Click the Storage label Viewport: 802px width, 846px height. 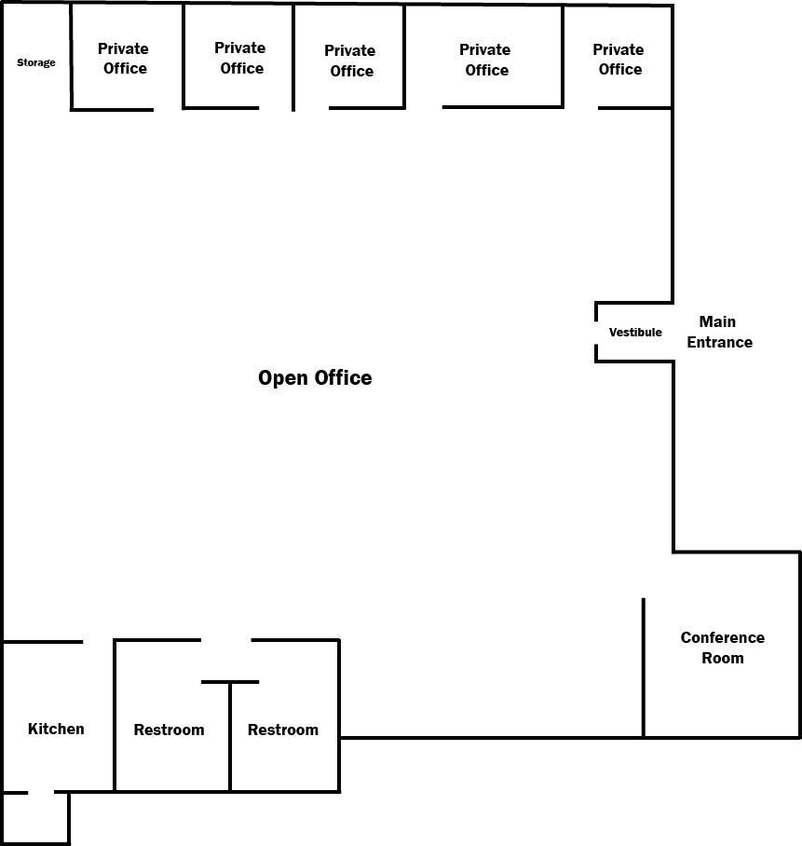pyautogui.click(x=36, y=62)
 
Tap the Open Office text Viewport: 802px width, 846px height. pyautogui.click(x=315, y=377)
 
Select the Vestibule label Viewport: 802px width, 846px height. pyautogui.click(x=635, y=332)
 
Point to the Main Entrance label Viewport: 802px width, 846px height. pyautogui.click(x=719, y=332)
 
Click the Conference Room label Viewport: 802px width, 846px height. pyautogui.click(x=723, y=648)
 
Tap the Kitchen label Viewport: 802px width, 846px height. pyautogui.click(x=56, y=729)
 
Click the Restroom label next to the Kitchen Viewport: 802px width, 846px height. pyautogui.click(x=169, y=730)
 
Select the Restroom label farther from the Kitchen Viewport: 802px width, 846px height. pyautogui.click(x=283, y=730)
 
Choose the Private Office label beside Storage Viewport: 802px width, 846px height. pyautogui.click(x=124, y=58)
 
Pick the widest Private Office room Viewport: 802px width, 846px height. pyautogui.click(x=484, y=59)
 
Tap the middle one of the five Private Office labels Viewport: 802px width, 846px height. pyautogui.click(x=350, y=61)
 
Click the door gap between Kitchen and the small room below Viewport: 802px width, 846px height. pyautogui.click(x=41, y=793)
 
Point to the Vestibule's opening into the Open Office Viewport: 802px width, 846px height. pyautogui.click(x=596, y=333)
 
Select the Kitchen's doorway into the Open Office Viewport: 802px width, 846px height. pyautogui.click(x=98, y=641)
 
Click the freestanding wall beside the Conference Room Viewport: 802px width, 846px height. pyautogui.click(x=644, y=666)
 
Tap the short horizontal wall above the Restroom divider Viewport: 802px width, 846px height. pyautogui.click(x=230, y=682)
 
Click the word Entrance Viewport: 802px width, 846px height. pyautogui.click(x=720, y=342)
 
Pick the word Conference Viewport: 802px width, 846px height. pyautogui.click(x=723, y=637)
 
